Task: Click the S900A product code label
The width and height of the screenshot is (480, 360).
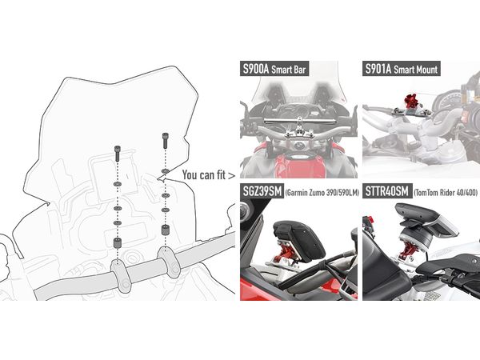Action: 256,69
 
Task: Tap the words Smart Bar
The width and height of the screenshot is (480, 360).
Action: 289,70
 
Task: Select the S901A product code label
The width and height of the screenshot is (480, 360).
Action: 378,69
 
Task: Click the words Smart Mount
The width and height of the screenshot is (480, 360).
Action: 416,70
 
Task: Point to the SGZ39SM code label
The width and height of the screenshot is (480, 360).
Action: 262,191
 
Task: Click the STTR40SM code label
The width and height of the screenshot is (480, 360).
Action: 386,191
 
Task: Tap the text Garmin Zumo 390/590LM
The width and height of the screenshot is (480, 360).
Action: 322,193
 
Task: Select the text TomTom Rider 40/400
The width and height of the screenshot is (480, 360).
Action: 446,193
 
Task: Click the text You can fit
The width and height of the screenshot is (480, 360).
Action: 204,174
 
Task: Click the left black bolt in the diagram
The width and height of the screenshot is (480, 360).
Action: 118,154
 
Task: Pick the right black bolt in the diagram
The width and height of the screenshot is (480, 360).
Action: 166,141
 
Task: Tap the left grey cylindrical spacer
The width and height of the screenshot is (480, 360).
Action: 118,242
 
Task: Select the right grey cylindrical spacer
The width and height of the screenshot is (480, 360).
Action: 166,230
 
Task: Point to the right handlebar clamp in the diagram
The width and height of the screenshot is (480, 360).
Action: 168,262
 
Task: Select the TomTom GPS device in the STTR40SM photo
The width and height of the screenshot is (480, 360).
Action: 426,218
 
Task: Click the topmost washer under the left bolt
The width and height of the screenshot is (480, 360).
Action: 118,184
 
